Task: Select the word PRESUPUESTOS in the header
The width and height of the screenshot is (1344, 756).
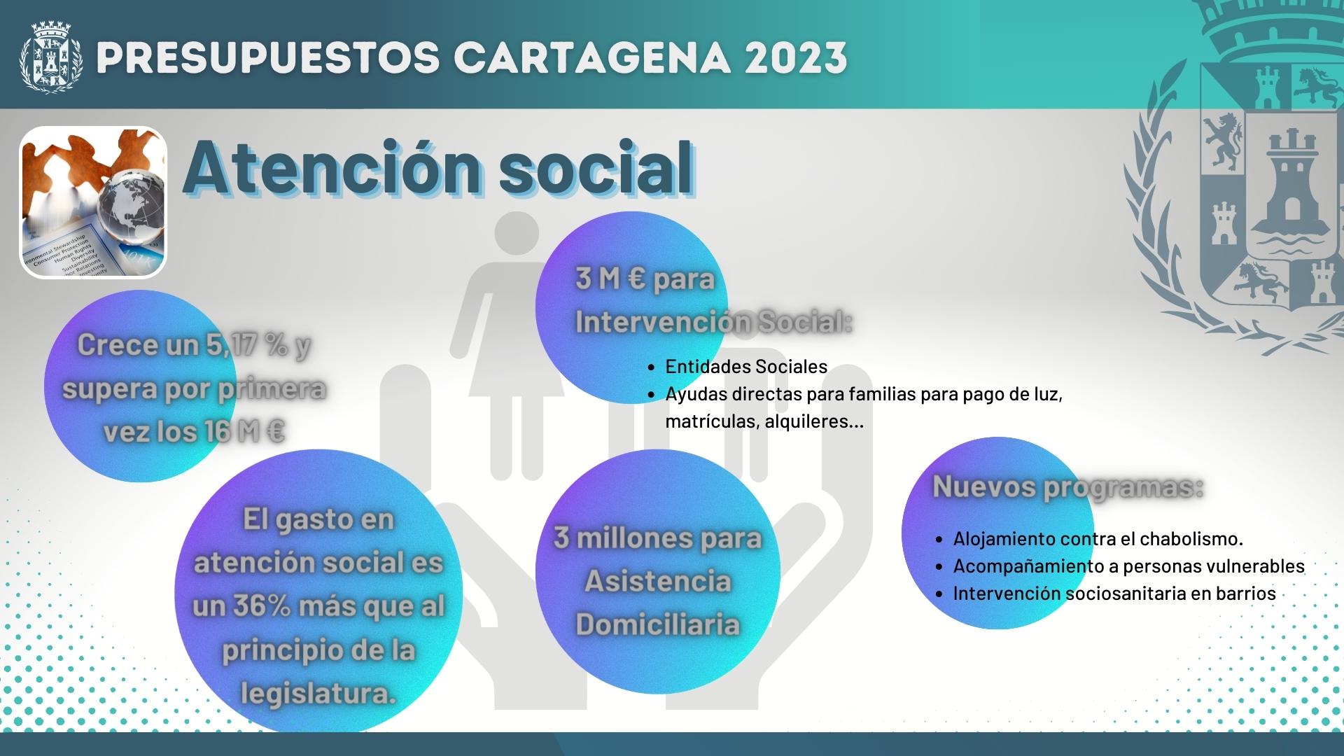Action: tap(268, 57)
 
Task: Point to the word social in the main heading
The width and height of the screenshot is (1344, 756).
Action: tap(596, 169)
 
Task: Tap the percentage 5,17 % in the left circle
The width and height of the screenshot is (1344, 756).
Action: tap(247, 344)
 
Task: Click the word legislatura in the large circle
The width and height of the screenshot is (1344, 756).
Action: tap(318, 694)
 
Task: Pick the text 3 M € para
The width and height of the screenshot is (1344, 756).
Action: tap(645, 279)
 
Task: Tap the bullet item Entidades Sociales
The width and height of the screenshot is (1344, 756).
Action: tap(746, 366)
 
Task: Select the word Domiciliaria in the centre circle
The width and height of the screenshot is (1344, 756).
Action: tap(657, 624)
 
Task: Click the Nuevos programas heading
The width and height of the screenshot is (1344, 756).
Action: tap(1068, 487)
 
